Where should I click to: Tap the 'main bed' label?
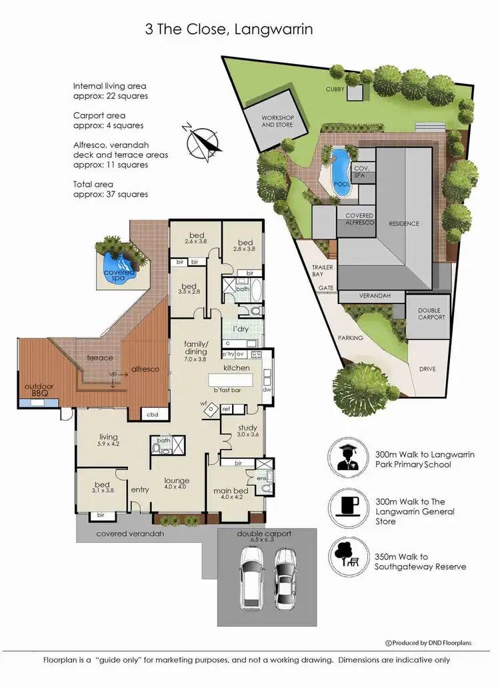tap(230, 492)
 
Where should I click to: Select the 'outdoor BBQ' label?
tap(41, 390)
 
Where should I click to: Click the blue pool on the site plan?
tap(340, 171)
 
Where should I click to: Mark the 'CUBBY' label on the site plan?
tap(335, 89)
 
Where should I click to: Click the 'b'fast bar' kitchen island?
tap(225, 381)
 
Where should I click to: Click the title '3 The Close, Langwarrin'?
tap(229, 29)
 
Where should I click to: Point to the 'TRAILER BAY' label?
tap(323, 269)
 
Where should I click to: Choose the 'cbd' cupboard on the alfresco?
tap(152, 415)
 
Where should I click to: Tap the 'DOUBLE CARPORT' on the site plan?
tap(431, 313)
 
